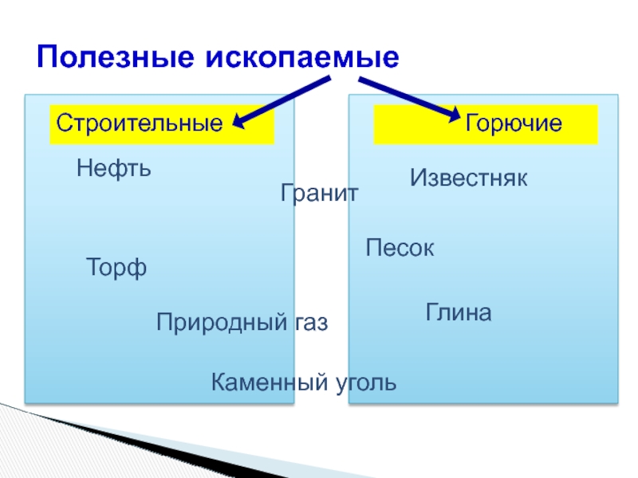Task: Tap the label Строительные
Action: (x=138, y=124)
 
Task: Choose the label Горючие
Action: (x=514, y=124)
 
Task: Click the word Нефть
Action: (x=114, y=169)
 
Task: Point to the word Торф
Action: (x=116, y=268)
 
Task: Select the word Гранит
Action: (x=320, y=194)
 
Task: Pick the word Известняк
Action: (x=469, y=178)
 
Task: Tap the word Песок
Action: (x=400, y=248)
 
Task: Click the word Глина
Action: (x=459, y=311)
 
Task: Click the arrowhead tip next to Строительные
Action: (x=238, y=123)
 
